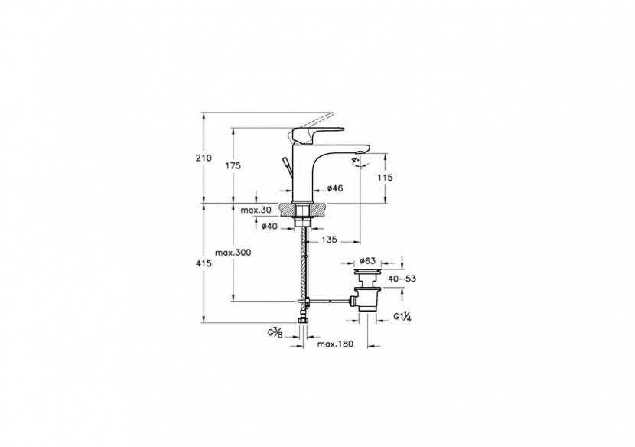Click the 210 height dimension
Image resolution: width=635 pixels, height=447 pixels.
tap(203, 158)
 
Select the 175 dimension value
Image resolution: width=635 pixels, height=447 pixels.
tap(233, 166)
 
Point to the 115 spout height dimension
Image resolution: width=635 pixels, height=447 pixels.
tap(386, 178)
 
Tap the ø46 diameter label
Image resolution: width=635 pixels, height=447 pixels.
tap(334, 188)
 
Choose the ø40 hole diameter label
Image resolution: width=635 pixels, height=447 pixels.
tap(269, 226)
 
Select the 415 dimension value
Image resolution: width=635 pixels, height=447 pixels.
tap(203, 263)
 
